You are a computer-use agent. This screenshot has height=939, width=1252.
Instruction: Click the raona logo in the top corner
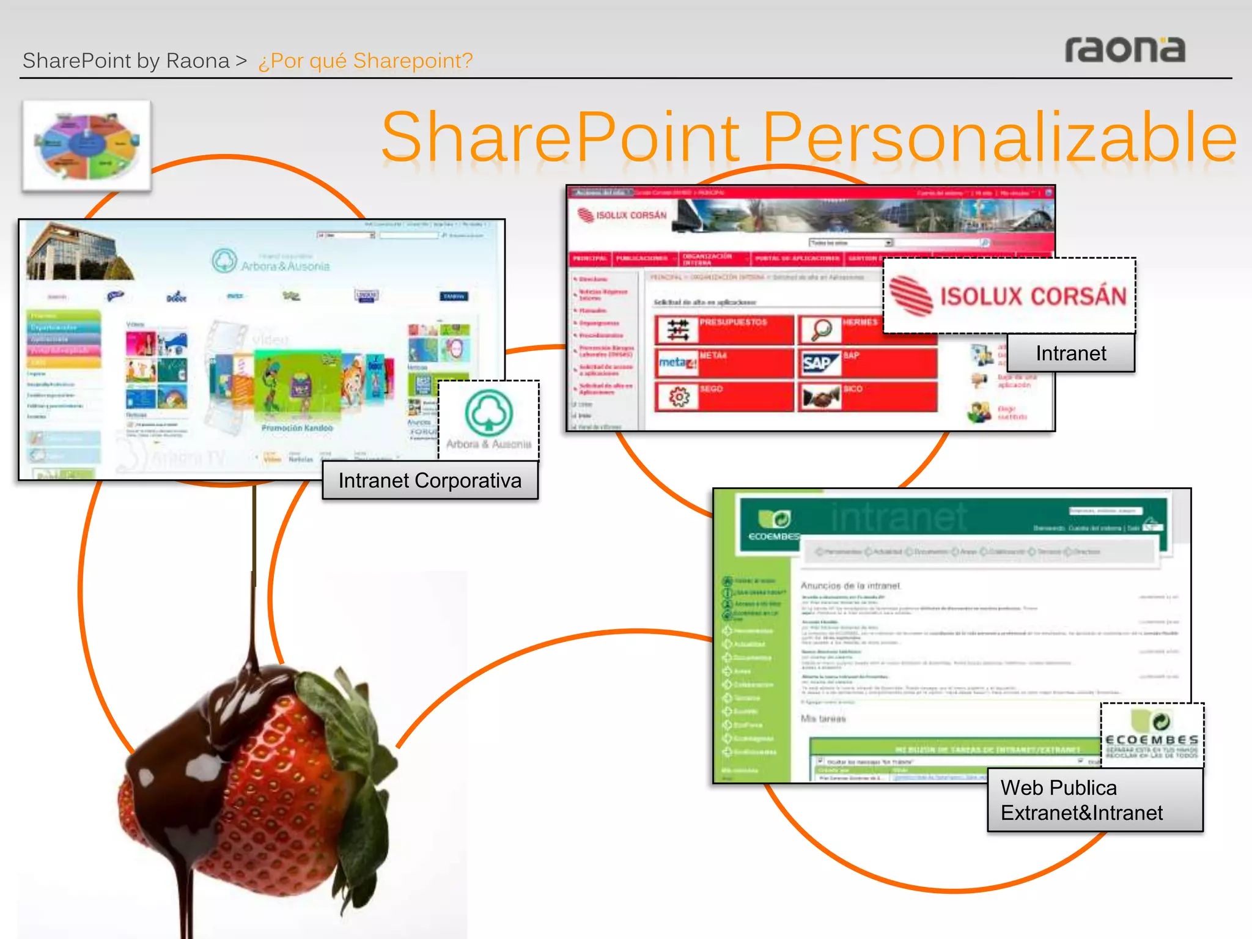[1125, 50]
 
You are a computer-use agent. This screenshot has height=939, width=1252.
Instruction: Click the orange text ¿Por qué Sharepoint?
[365, 61]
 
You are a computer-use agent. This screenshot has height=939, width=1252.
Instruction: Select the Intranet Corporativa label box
[430, 481]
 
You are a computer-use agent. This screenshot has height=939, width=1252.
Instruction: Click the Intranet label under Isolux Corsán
[1070, 353]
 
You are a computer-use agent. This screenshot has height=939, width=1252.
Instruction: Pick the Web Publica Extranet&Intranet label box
[1094, 800]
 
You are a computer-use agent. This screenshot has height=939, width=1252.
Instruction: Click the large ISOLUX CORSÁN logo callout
[1009, 296]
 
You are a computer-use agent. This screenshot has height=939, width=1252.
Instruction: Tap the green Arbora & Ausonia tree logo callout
[488, 419]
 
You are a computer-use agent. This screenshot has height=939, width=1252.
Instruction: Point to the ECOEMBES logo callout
[1152, 735]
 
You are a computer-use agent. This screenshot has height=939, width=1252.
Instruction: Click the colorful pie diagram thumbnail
[87, 145]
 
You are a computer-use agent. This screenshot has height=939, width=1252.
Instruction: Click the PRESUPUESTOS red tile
[724, 330]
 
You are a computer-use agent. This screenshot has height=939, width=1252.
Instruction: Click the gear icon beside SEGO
[679, 397]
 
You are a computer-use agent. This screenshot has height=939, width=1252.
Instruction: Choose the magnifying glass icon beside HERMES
[820, 330]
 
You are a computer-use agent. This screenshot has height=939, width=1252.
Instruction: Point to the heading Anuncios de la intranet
[850, 586]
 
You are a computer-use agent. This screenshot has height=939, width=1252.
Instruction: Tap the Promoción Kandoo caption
[297, 428]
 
